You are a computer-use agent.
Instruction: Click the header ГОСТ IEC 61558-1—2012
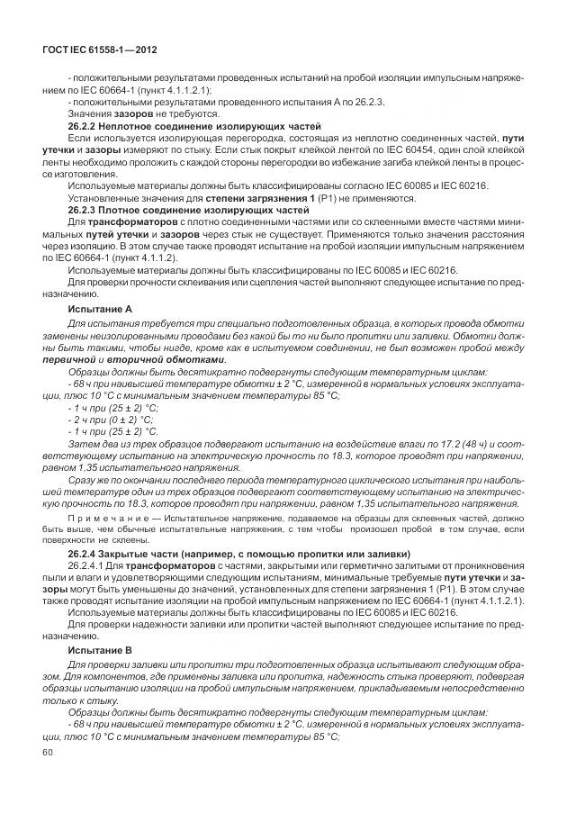101,50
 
